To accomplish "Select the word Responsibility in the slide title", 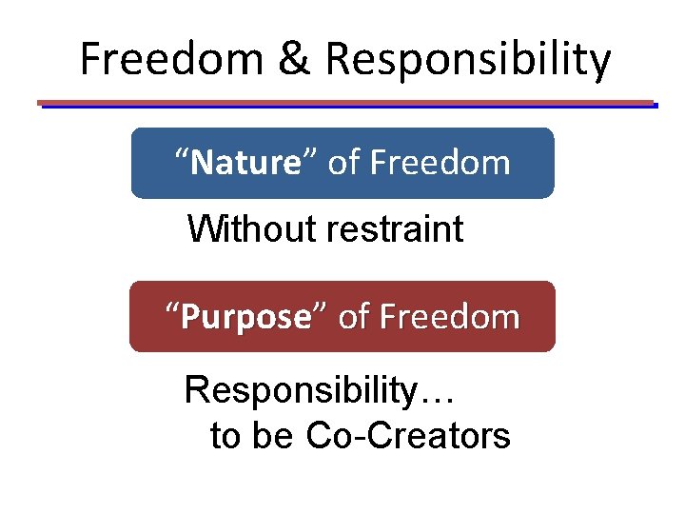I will pyautogui.click(x=468, y=59).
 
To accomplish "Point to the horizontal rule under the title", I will pyautogui.click(x=346, y=103).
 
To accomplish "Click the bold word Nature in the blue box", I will pyautogui.click(x=245, y=163).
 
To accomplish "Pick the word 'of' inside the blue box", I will pyautogui.click(x=343, y=163).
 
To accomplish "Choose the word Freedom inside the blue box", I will pyautogui.click(x=440, y=163).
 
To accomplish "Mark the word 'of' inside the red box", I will pyautogui.click(x=354, y=317).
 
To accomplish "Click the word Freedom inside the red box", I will pyautogui.click(x=449, y=317).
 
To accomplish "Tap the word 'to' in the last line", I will pyautogui.click(x=225, y=437).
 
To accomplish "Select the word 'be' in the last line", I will pyautogui.click(x=274, y=437).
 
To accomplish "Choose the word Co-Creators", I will pyautogui.click(x=408, y=437).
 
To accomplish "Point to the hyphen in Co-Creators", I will pyautogui.click(x=355, y=440).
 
